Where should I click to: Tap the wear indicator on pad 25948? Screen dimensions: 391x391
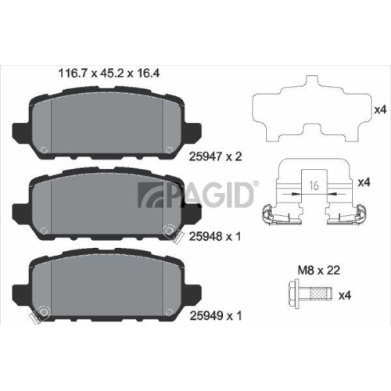point(167,229)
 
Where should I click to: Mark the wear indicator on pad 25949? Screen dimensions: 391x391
point(32,317)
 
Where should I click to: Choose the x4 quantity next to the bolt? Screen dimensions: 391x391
point(345,295)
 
